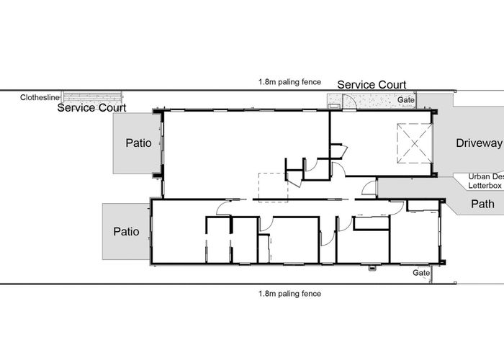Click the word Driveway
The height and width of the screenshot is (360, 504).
478,143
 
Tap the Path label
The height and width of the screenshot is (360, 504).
481,204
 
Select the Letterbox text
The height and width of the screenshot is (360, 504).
485,185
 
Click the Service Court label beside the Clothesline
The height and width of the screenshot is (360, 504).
91,108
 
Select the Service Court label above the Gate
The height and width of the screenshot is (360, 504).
372,85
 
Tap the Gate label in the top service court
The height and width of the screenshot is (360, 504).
407,99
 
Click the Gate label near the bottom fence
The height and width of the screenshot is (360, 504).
421,273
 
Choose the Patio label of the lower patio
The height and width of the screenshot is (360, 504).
127,232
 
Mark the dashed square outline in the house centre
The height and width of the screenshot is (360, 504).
273,187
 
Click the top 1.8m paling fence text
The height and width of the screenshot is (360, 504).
291,82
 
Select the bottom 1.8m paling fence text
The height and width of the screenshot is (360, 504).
291,293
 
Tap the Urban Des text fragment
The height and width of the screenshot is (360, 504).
485,176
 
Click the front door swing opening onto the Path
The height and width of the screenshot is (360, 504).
369,189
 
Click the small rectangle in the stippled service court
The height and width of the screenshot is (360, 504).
335,106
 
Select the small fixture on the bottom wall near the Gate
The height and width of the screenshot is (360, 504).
372,269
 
